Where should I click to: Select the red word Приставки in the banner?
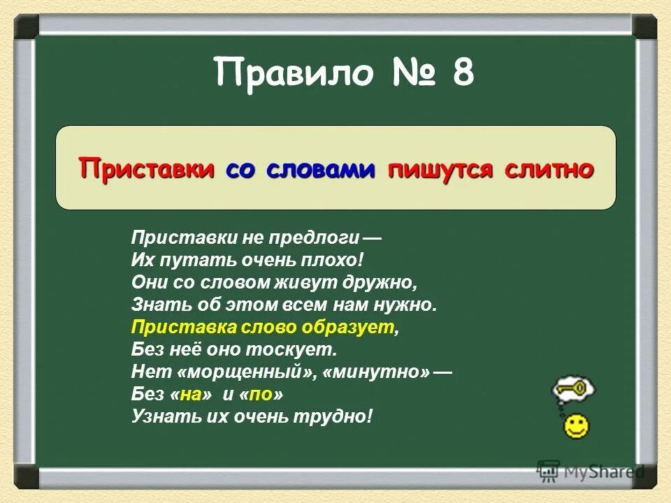[x=147, y=168]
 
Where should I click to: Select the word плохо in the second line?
[x=331, y=261]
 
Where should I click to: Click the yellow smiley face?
[x=576, y=427]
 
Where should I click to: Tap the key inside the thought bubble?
[x=572, y=388]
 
